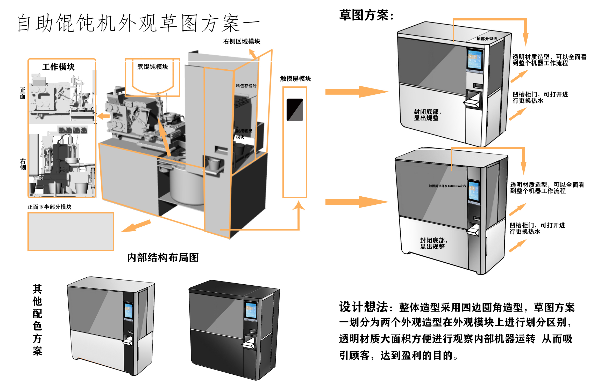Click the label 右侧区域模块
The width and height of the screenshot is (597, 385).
(x=241, y=41)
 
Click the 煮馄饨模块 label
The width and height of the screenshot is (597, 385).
(x=153, y=67)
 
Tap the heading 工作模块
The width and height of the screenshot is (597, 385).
(x=58, y=67)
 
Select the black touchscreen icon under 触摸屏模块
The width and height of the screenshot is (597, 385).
(x=295, y=109)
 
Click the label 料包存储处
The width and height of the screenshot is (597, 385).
(x=246, y=86)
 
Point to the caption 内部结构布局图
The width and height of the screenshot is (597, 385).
(x=163, y=257)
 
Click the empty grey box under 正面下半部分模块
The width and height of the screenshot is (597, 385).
(x=70, y=232)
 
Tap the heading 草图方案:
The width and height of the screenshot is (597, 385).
(x=366, y=15)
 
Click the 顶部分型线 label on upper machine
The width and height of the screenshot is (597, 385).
(x=487, y=39)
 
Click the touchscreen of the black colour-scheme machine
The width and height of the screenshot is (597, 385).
(x=251, y=310)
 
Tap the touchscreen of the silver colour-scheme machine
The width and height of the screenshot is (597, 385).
(x=128, y=311)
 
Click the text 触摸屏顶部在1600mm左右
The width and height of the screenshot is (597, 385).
(x=447, y=186)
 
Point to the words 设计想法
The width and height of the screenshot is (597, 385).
(x=363, y=307)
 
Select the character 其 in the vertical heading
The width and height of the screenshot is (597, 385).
(x=37, y=289)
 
